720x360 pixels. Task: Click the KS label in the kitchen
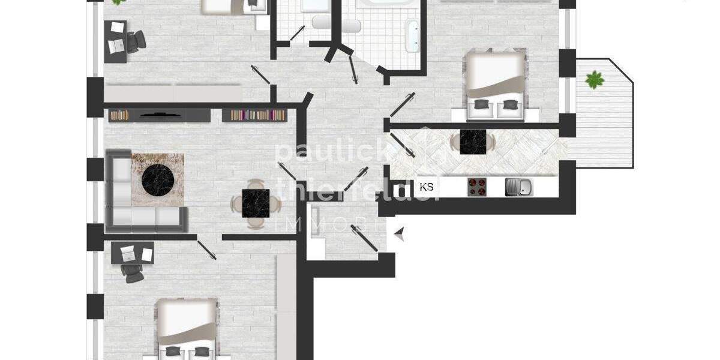(x=427, y=187)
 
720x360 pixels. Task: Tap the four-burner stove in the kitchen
(x=477, y=187)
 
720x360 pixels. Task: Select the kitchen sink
(x=518, y=187)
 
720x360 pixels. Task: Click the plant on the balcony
(x=595, y=79)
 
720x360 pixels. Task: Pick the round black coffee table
(x=158, y=178)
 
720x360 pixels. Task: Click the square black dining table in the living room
(x=257, y=203)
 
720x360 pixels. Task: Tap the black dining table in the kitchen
(x=473, y=142)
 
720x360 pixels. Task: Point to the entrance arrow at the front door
(x=399, y=235)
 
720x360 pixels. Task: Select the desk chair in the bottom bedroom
(x=131, y=271)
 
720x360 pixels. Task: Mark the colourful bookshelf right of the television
(x=253, y=115)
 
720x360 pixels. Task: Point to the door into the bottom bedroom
(x=207, y=248)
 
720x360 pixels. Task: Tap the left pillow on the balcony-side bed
(x=481, y=104)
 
